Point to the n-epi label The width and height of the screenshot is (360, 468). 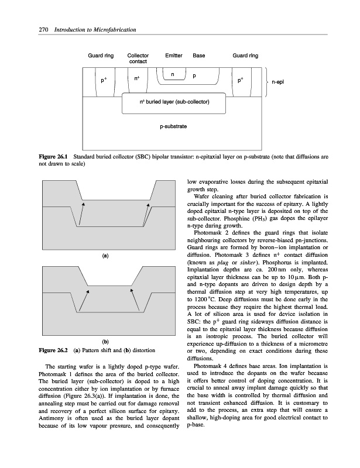[277, 82]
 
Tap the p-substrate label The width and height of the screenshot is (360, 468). [174, 126]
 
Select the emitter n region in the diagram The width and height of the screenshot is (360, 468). [173, 74]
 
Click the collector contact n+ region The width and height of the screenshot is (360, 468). [136, 79]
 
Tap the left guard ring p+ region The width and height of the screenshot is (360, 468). [104, 80]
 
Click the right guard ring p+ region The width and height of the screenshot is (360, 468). [241, 79]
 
